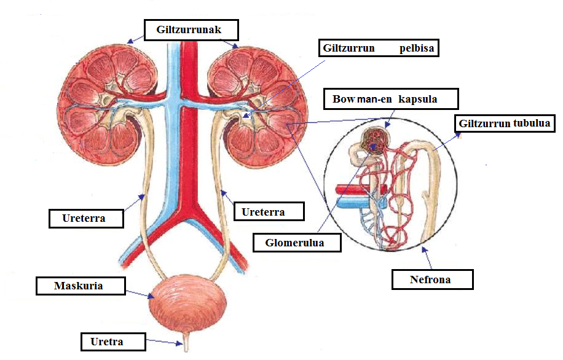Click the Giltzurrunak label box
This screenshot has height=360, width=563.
click(191, 29)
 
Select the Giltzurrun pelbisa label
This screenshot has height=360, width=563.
click(379, 48)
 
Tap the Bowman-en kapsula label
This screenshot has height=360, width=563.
click(385, 98)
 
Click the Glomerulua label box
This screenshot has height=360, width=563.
click(297, 243)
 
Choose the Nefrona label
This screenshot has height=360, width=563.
click(433, 280)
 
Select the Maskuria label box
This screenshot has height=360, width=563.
click(80, 286)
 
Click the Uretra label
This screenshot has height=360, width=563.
click(113, 341)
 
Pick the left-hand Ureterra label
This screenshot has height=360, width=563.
click(85, 217)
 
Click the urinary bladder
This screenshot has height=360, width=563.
click(188, 304)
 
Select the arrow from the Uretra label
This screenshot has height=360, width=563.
click(163, 342)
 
